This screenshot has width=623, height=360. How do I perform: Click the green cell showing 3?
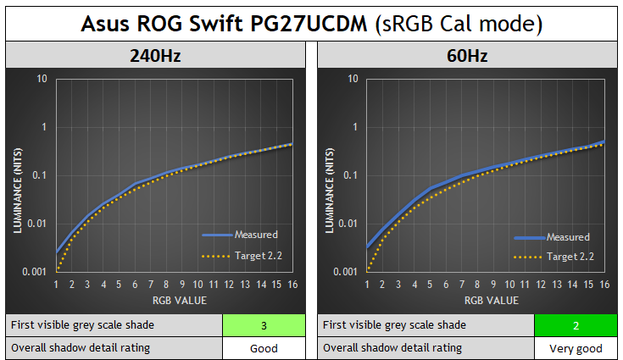(264, 325)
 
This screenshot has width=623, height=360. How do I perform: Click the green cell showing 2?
(575, 325)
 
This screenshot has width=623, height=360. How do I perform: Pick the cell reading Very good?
(575, 347)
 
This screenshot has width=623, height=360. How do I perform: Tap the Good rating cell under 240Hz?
(264, 347)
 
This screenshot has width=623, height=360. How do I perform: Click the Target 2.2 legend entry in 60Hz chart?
(568, 256)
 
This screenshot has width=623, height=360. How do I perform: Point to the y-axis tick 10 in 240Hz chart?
(42, 80)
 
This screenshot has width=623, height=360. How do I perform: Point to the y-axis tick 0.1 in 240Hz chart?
(39, 175)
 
